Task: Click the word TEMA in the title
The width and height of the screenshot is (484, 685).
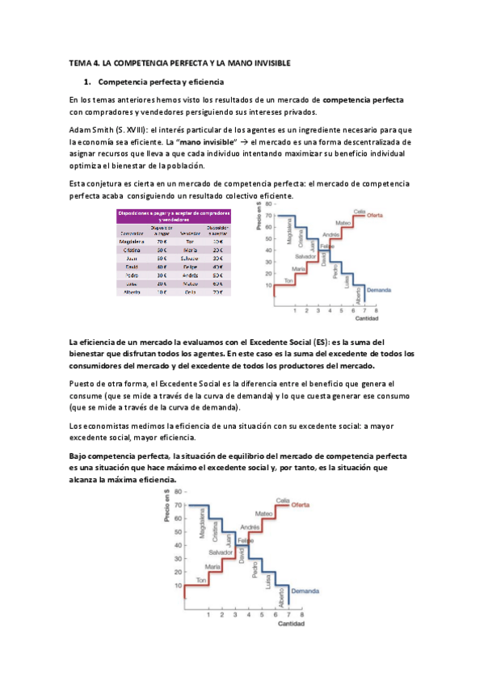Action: click(82, 63)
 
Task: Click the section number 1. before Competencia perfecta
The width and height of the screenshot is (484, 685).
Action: click(88, 82)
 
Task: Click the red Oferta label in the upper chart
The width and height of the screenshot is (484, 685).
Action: click(374, 215)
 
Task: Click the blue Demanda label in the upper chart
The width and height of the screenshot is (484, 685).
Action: click(379, 289)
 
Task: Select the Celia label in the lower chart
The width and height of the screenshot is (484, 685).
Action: click(283, 500)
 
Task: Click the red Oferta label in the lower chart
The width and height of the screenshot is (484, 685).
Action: click(301, 506)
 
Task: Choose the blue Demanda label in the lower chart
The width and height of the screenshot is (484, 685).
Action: click(305, 590)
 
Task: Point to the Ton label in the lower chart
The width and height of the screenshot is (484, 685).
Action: click(201, 579)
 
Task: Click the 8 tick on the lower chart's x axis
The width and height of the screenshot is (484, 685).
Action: click(301, 616)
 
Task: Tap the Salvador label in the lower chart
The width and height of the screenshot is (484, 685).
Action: click(220, 552)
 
